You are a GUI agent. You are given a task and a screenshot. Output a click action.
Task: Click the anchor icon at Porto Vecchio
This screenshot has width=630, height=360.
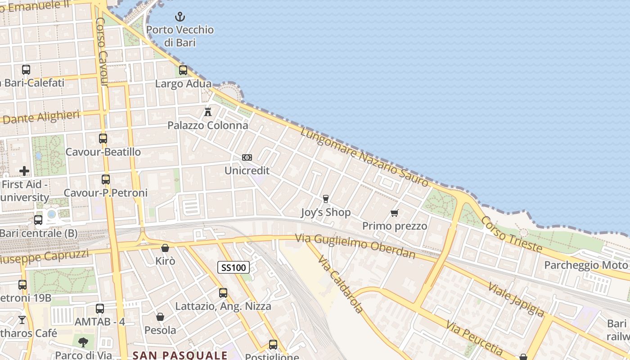[x=180, y=17]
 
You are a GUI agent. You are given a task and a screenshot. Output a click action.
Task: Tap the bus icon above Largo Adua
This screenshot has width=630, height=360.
[x=183, y=70]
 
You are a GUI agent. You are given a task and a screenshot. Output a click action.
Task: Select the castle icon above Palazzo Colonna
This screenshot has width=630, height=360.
[x=208, y=112]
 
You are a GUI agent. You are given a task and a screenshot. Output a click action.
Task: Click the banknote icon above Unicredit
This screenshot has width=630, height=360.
[x=247, y=157]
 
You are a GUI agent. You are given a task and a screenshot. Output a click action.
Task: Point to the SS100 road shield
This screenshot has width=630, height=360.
[x=234, y=268]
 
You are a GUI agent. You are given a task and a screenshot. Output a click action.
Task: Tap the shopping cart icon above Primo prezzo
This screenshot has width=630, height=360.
[x=395, y=213]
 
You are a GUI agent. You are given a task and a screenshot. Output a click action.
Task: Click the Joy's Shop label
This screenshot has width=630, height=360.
[x=325, y=212]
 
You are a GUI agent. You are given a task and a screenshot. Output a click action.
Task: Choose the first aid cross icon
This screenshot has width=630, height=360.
[x=24, y=171]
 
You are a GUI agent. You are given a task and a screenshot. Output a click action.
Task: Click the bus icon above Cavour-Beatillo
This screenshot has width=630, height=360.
[x=103, y=139]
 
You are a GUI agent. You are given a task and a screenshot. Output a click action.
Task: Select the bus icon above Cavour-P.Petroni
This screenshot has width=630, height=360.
[x=106, y=180]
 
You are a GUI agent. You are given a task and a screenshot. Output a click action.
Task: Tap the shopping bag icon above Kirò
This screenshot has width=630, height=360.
[x=165, y=248]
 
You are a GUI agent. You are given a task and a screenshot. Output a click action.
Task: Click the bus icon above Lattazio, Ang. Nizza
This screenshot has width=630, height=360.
[x=223, y=293]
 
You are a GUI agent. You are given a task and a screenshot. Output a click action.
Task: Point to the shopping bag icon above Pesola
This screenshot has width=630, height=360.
[x=160, y=317]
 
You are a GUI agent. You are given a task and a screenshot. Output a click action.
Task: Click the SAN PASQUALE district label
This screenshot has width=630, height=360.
[x=180, y=355]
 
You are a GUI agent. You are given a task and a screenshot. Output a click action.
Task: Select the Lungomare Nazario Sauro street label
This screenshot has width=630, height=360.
[x=364, y=157]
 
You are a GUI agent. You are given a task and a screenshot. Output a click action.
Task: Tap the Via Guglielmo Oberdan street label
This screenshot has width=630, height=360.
[x=355, y=246]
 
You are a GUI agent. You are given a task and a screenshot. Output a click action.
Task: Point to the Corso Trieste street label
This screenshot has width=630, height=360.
[x=512, y=234]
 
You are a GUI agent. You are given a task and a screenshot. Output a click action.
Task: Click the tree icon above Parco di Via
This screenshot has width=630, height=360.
[x=83, y=342]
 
